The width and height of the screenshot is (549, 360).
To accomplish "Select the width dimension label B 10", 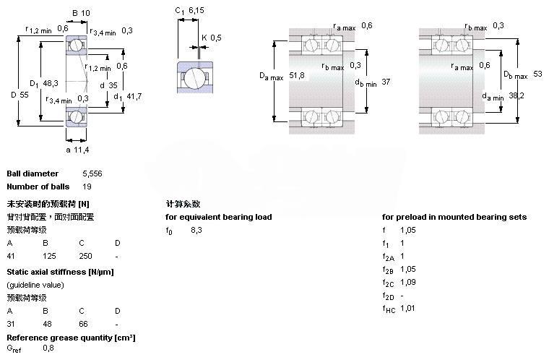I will [x=81, y=13].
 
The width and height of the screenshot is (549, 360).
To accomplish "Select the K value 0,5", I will [x=215, y=38].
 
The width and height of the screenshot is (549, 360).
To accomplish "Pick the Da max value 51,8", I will [x=295, y=75].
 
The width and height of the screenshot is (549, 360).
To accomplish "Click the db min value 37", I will [x=385, y=81].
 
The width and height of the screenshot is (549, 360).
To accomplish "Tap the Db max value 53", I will [x=537, y=74].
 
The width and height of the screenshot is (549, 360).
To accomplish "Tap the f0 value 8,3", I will [x=196, y=230].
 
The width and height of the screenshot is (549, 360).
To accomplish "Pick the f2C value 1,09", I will [x=409, y=282].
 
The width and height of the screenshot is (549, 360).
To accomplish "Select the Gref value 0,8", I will [x=48, y=349].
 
